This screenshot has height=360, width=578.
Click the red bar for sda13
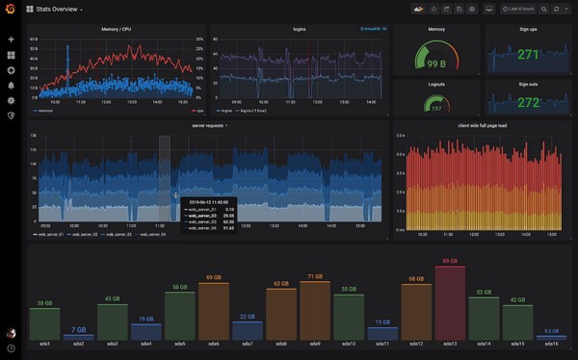[x=450, y=300]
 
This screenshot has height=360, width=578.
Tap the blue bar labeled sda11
[x=382, y=332]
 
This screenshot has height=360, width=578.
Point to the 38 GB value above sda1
[x=44, y=303]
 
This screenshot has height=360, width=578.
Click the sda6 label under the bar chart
[x=213, y=343]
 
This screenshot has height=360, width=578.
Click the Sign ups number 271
[x=528, y=55]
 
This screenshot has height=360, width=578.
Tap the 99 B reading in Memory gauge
[x=435, y=64]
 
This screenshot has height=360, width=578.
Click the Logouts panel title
[x=435, y=84]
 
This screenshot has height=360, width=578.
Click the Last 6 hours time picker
[x=519, y=9]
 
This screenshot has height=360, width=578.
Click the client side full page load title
[x=482, y=125]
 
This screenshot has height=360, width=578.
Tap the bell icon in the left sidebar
[x=11, y=85]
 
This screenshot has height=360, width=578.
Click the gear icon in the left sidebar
[x=11, y=100]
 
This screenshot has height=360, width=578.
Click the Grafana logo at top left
[x=11, y=10]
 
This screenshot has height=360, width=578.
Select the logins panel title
[x=300, y=29]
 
